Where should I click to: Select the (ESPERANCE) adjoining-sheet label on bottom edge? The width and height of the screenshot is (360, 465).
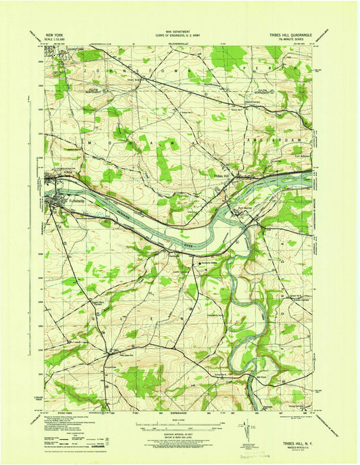coord(178,412)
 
